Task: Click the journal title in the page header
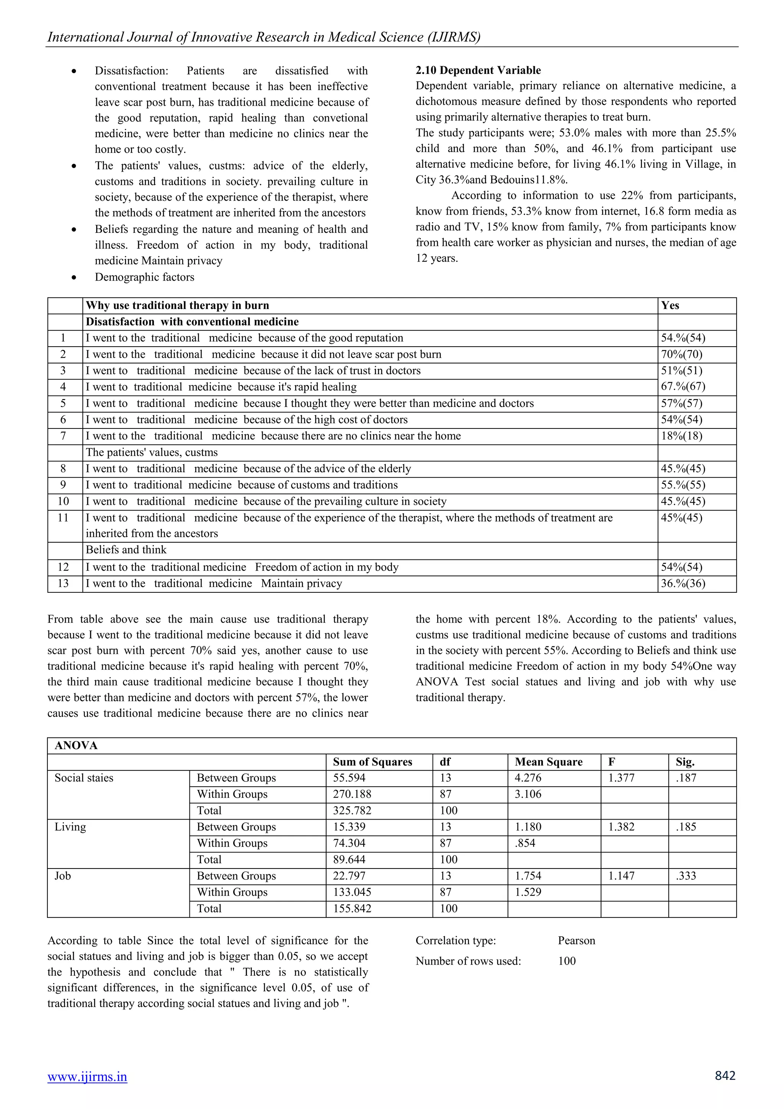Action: pos(264,37)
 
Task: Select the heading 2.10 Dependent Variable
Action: pos(478,70)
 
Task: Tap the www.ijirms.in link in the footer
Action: pos(87,1076)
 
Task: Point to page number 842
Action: pos(725,1075)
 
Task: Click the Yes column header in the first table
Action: pos(670,305)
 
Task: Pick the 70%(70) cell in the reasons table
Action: pos(681,355)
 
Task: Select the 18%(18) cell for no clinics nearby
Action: pos(681,436)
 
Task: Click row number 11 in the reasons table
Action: pos(63,518)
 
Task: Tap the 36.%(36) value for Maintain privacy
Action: pos(683,584)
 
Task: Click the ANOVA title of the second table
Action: pos(76,746)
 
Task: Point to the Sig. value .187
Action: pos(686,778)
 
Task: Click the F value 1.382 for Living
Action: pos(621,827)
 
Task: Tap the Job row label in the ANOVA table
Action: pos(63,876)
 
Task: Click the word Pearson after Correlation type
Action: pos(577,941)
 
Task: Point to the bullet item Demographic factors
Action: pos(144,277)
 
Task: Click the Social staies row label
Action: pos(84,778)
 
